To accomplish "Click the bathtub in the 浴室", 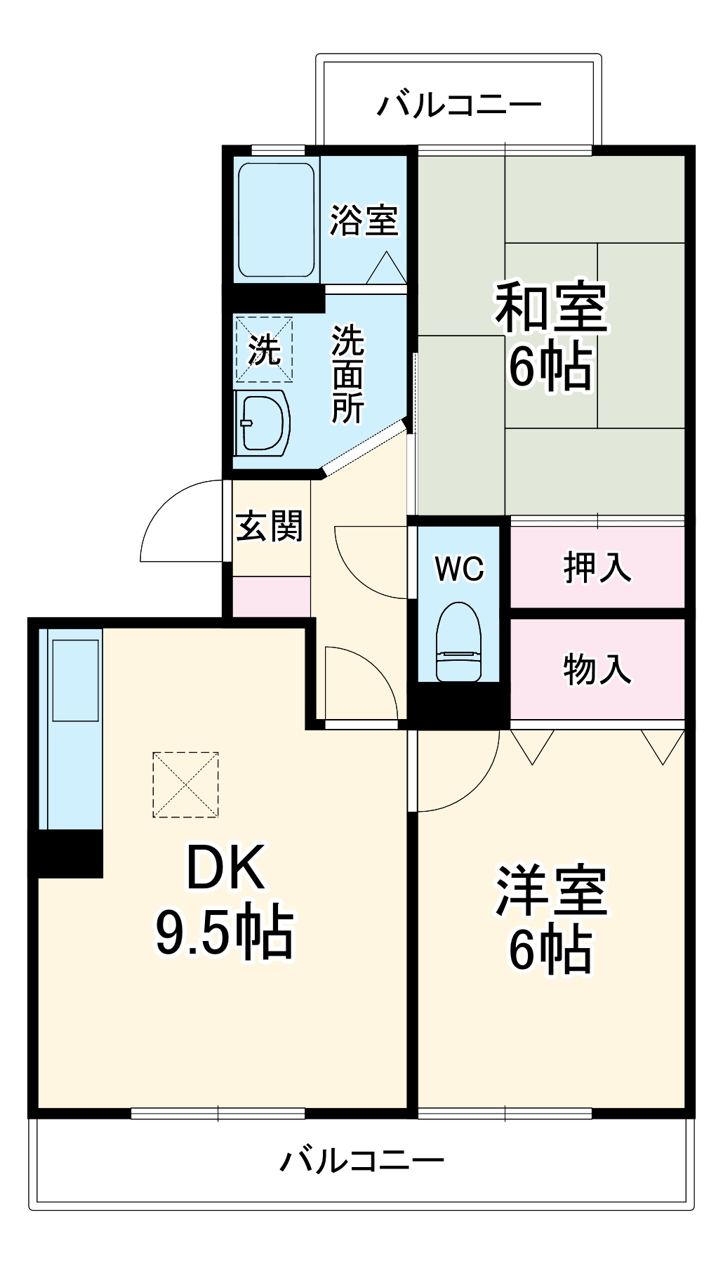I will click(x=276, y=220).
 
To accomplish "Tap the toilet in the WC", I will click(x=458, y=643).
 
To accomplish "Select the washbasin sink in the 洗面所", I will click(x=263, y=423).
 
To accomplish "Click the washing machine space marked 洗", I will click(x=264, y=349).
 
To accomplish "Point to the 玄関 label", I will click(x=269, y=526).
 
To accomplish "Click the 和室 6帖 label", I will click(x=551, y=336).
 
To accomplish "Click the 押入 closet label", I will click(x=597, y=567).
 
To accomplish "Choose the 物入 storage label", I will click(x=597, y=669).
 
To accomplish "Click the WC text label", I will click(x=459, y=568).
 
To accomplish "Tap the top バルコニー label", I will click(x=459, y=105).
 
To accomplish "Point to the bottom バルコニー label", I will click(x=361, y=1160).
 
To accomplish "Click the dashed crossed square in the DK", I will click(x=185, y=784).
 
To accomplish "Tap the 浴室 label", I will click(x=364, y=220).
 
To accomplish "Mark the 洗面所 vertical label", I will click(x=347, y=374).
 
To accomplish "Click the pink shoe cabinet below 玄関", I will click(x=271, y=597).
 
